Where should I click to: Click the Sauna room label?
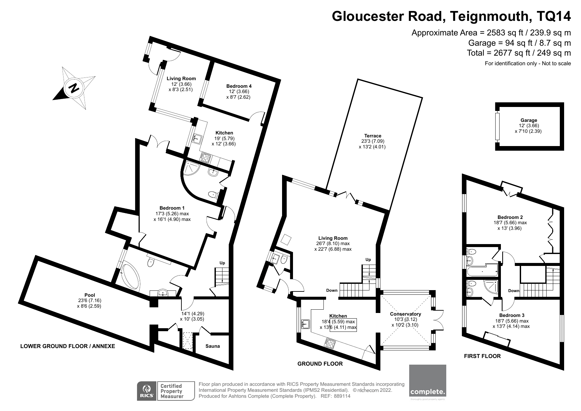pyautogui.click(x=213, y=346)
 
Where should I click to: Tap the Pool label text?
pyautogui.click(x=90, y=295)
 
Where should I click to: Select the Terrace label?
pyautogui.click(x=373, y=136)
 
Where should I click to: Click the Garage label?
pyautogui.click(x=529, y=120)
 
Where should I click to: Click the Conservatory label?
pyautogui.click(x=405, y=314)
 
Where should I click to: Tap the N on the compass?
pyautogui.click(x=74, y=88)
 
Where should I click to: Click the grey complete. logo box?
pyautogui.click(x=428, y=381)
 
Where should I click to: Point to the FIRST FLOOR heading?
pyautogui.click(x=482, y=356)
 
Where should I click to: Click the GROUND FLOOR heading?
pyautogui.click(x=320, y=364)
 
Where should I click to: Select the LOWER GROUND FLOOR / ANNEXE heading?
pyautogui.click(x=68, y=346)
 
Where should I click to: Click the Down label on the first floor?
pyautogui.click(x=514, y=291)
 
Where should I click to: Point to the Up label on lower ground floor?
pyautogui.click(x=222, y=263)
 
